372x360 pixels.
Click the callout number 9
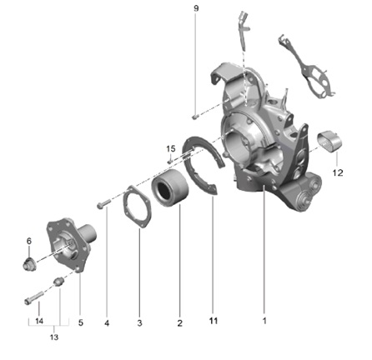(x=196, y=8)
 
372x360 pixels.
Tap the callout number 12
(x=338, y=172)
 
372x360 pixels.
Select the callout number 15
(x=171, y=149)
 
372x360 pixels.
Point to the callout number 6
(x=29, y=241)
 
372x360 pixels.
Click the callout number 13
(x=54, y=337)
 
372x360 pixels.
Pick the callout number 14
(x=39, y=321)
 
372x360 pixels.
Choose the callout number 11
(x=214, y=321)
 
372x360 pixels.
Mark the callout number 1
(x=264, y=321)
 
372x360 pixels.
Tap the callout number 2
(x=179, y=323)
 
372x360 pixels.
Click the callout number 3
(x=139, y=323)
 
